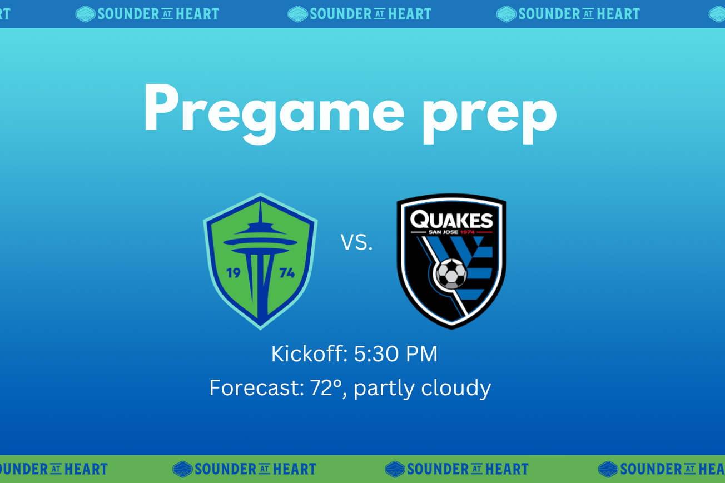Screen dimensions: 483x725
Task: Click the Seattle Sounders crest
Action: pyautogui.click(x=260, y=261)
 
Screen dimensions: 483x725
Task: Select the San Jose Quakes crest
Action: pyautogui.click(x=451, y=261)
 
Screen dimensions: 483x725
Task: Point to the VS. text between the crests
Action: pyautogui.click(x=356, y=243)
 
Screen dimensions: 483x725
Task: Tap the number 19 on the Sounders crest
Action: pyautogui.click(x=233, y=273)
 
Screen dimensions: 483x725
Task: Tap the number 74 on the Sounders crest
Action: pyautogui.click(x=287, y=273)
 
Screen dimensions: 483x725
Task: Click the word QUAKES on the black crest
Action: pyautogui.click(x=451, y=220)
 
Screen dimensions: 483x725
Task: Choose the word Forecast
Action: pyautogui.click(x=256, y=387)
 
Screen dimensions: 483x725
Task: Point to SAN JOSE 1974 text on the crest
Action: pyautogui.click(x=451, y=232)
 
